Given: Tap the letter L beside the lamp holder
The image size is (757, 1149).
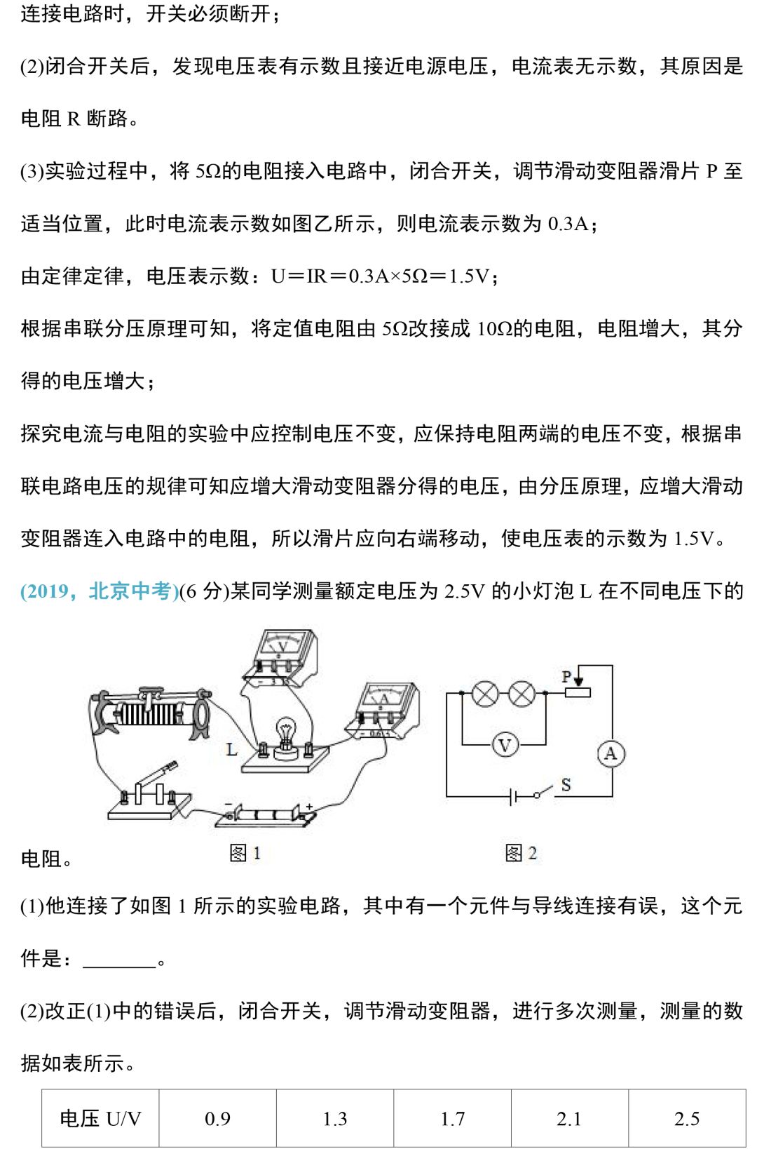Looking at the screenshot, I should click(x=232, y=750).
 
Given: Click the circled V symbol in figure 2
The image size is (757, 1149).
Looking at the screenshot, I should click(x=505, y=744).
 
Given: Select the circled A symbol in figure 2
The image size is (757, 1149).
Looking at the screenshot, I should click(x=611, y=753).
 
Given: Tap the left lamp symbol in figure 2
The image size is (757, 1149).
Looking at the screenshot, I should click(x=485, y=694).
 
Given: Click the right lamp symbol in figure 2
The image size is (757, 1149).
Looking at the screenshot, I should click(x=521, y=694).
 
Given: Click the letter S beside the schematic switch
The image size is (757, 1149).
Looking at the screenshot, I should click(x=566, y=785).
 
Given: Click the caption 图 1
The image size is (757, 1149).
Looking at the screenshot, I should click(x=245, y=853).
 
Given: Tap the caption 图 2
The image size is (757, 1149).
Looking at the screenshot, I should click(x=521, y=853).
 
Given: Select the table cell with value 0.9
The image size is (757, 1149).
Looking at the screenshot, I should click(x=217, y=1119).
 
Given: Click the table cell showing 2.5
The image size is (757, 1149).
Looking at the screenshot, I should click(x=686, y=1119).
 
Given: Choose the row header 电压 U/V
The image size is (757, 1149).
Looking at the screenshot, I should click(x=100, y=1119).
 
